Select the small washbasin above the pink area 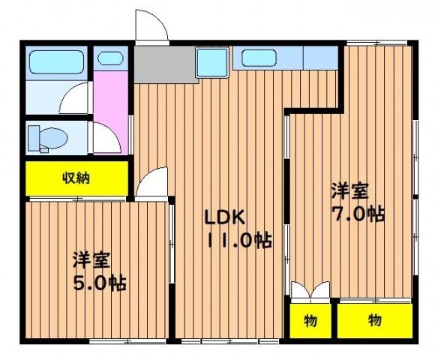coord(109,58)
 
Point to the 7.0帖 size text coord(358,213)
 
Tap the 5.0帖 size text coord(98,283)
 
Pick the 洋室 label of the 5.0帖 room coord(91,260)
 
